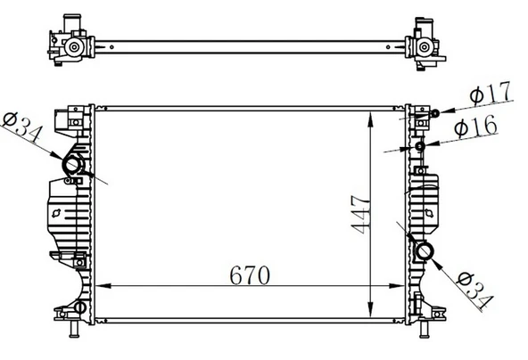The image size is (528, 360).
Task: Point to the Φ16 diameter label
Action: coord(477,128)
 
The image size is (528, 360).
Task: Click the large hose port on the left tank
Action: coord(70,166)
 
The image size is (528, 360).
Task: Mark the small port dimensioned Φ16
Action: coord(419,145)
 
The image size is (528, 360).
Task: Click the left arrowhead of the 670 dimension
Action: coord(99,286)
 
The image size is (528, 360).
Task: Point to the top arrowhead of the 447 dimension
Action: coord(372,113)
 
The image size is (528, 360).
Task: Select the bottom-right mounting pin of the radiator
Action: coord(425,333)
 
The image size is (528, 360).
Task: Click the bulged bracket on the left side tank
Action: coord(55,215)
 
